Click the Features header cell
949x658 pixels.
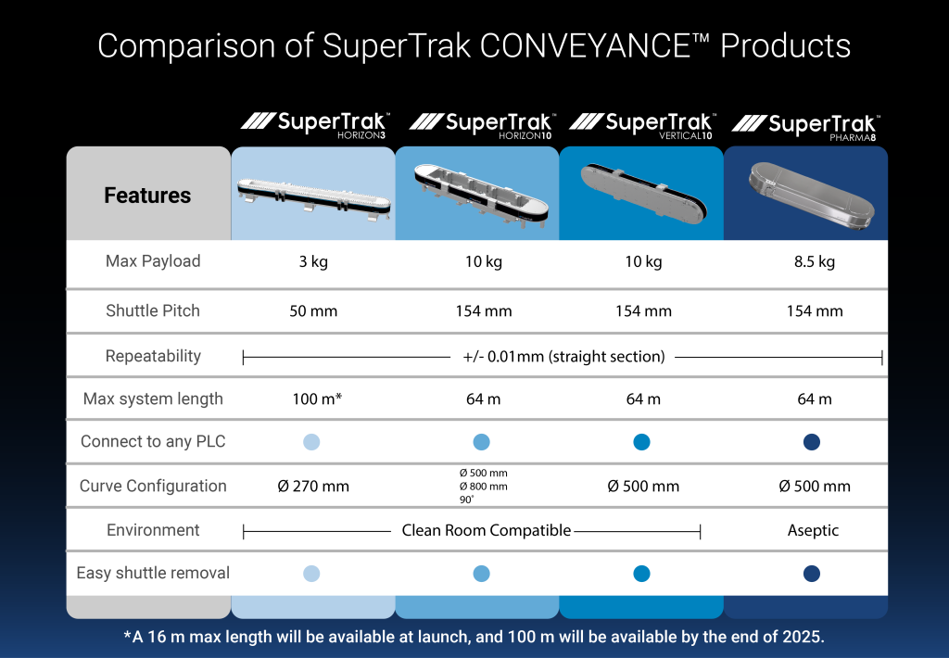(x=147, y=194)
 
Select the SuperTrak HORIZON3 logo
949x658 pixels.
(x=315, y=125)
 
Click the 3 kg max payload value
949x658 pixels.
(x=313, y=261)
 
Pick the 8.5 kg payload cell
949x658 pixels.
(x=814, y=261)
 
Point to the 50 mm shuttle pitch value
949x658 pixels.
(x=313, y=311)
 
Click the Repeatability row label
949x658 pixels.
(x=153, y=356)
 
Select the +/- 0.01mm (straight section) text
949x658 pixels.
(x=563, y=357)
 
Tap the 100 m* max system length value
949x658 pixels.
(x=317, y=399)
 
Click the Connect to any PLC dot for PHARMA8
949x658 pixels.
(x=812, y=442)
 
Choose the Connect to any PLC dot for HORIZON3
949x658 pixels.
(x=311, y=442)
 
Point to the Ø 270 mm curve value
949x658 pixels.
(x=313, y=486)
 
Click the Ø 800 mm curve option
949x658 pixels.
(x=483, y=486)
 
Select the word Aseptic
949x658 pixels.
(x=813, y=530)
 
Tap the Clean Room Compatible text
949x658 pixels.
(x=486, y=530)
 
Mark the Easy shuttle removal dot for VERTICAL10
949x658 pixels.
(x=641, y=574)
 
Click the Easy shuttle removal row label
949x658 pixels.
(x=153, y=573)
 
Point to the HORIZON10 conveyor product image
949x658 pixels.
(x=481, y=195)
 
